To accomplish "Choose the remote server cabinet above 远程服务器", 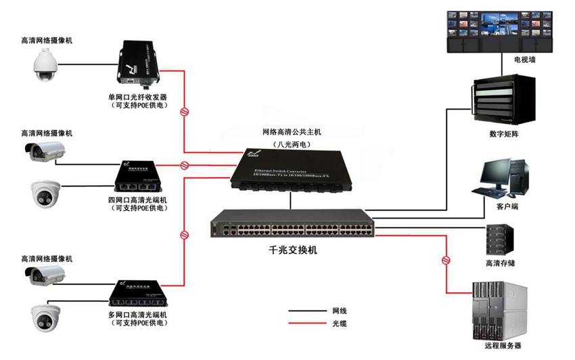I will click(499, 311).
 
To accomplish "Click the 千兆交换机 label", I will click(293, 250).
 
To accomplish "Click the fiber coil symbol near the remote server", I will click(446, 259).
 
